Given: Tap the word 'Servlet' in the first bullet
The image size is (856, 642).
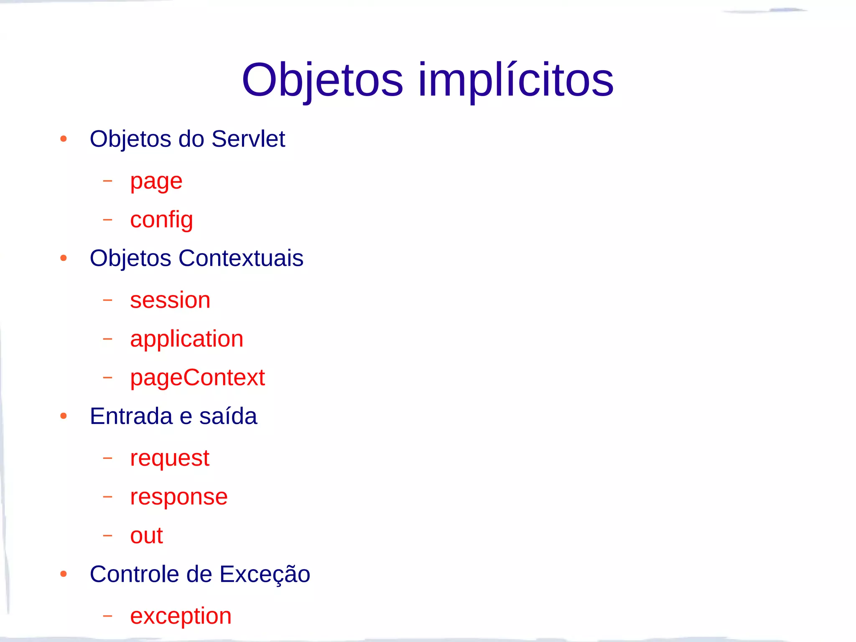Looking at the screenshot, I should click(248, 139).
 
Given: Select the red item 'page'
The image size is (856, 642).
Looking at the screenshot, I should click(156, 182).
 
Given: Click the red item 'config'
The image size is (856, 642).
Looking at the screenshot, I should click(161, 220).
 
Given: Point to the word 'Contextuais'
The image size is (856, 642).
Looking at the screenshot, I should click(241, 258).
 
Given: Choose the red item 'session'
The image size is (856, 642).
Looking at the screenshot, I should click(170, 300).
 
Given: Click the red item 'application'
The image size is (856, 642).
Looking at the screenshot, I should click(186, 339).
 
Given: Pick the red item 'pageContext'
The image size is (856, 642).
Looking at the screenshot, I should click(197, 378).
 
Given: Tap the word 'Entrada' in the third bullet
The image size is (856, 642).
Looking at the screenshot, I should click(131, 416).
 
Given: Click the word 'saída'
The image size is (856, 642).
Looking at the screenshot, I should click(228, 416).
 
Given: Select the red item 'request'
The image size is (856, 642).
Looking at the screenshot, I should click(169, 459).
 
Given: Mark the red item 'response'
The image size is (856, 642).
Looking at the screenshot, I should click(178, 497).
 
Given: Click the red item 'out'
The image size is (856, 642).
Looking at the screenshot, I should click(146, 535).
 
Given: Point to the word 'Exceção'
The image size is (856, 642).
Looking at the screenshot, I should click(265, 574).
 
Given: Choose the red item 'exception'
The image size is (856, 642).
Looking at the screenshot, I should click(181, 616).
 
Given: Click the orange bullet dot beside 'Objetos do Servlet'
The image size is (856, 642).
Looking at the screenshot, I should click(64, 139).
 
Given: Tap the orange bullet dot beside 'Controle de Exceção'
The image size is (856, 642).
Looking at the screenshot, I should click(64, 574).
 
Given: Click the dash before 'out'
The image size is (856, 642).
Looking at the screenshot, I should click(108, 535).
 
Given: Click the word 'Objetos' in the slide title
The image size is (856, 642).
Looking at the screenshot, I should click(322, 80).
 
